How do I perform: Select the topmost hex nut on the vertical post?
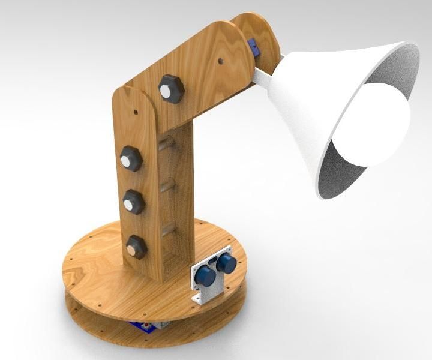[x=130, y=160]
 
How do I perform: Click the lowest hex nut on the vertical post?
[x=136, y=247]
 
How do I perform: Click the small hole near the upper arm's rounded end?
[x=221, y=61]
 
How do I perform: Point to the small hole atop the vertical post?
[x=136, y=112]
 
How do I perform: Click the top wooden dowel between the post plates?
[x=166, y=143]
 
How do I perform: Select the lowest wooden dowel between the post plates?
[x=170, y=228]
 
